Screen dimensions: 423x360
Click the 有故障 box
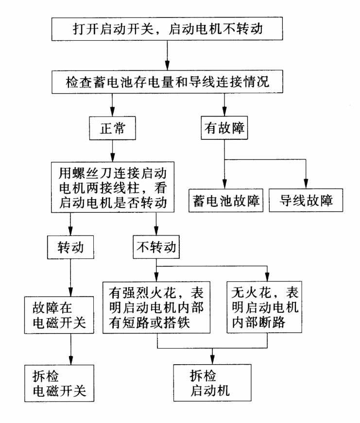point(224,130)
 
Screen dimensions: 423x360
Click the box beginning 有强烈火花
point(158,308)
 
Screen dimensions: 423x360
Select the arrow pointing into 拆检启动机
point(213,357)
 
